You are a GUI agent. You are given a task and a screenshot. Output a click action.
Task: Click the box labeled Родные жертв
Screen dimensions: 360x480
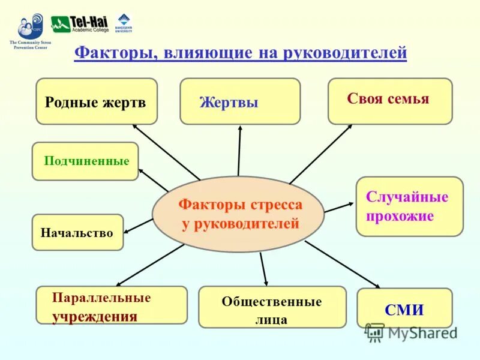pos(96,101)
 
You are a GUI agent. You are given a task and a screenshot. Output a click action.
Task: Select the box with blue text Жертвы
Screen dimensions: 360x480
pos(240,101)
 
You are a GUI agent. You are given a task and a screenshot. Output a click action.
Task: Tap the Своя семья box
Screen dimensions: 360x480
pos(390,101)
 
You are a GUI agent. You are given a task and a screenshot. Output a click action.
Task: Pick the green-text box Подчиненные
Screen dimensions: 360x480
pos(85,161)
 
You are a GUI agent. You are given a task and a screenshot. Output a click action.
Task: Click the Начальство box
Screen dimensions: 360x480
pos(77,232)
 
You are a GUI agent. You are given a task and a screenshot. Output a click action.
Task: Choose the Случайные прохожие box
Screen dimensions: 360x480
pos(409,206)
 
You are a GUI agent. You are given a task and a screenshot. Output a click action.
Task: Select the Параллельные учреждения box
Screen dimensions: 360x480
pos(112,305)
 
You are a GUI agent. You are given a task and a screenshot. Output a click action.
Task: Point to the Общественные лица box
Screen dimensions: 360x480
pos(272,307)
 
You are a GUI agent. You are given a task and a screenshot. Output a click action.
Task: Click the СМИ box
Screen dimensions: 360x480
pos(404,308)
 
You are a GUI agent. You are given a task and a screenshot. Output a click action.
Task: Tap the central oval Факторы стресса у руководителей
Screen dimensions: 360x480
pos(238,214)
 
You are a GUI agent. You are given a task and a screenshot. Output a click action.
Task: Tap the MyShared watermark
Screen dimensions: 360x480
pos(412,332)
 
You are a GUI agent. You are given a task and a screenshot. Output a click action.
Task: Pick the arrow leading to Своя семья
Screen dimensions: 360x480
pos(321,153)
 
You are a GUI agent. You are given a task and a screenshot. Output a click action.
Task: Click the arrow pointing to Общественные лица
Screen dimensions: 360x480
pos(263,268)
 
